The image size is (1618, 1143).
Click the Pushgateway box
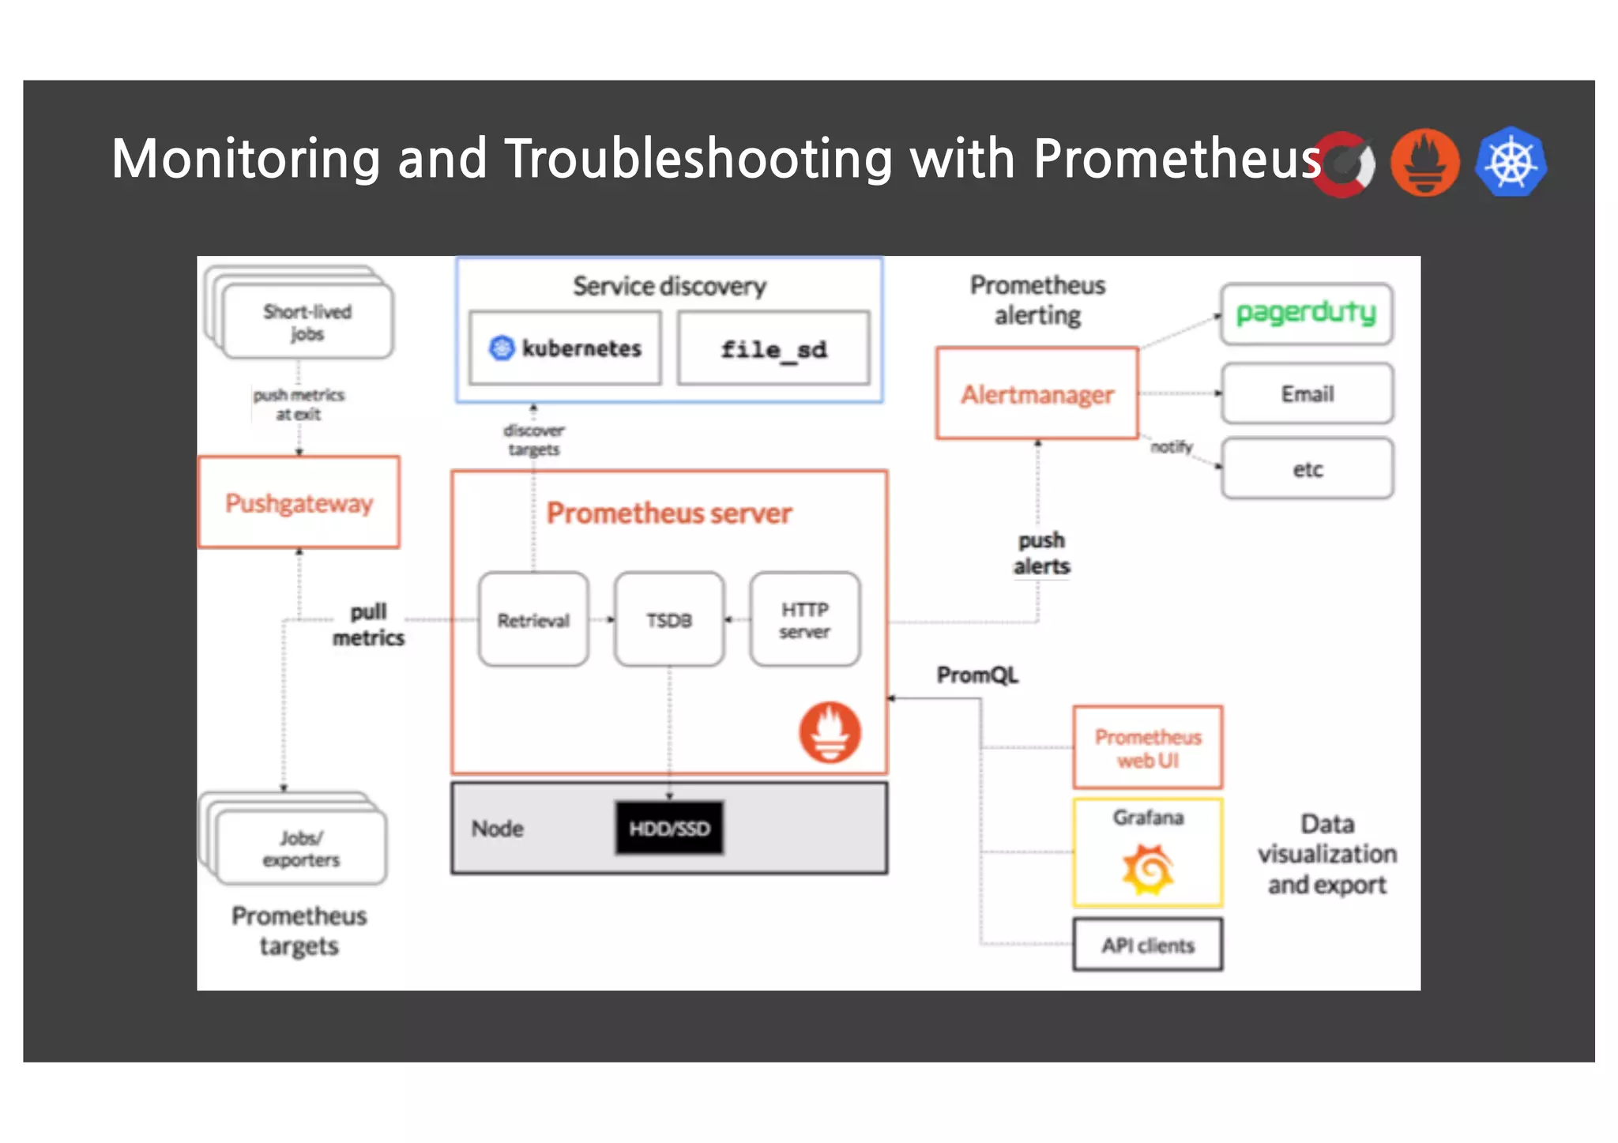pyautogui.click(x=299, y=502)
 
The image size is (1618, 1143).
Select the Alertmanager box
pyautogui.click(x=1037, y=393)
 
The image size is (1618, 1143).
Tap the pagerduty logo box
pyautogui.click(x=1306, y=314)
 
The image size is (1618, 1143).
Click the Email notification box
pyautogui.click(x=1307, y=393)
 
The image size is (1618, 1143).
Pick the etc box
pyautogui.click(x=1307, y=469)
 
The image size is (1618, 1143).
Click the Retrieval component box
pyautogui.click(x=533, y=620)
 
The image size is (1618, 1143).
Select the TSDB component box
pyautogui.click(x=669, y=620)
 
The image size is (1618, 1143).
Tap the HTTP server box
pyautogui.click(x=805, y=620)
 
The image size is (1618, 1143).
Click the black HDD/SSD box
pyautogui.click(x=669, y=828)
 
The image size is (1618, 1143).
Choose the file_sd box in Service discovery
pyautogui.click(x=773, y=348)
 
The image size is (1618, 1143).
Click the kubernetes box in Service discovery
pyautogui.click(x=565, y=348)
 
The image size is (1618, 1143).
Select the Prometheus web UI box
pyautogui.click(x=1147, y=747)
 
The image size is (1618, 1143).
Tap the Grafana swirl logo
pyautogui.click(x=1147, y=869)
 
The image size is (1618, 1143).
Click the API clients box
pyautogui.click(x=1147, y=945)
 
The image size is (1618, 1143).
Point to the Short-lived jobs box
pyautogui.click(x=307, y=322)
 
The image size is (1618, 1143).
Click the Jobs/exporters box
pyautogui.click(x=301, y=848)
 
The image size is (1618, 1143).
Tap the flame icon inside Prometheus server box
pyautogui.click(x=830, y=732)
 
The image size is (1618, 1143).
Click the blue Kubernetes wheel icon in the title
pyautogui.click(x=1511, y=162)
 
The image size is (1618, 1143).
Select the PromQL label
pyautogui.click(x=977, y=675)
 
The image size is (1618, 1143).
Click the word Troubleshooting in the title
pyautogui.click(x=698, y=158)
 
